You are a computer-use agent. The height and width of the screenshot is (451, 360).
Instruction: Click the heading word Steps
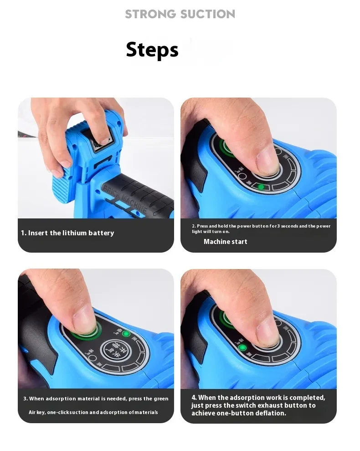coord(152,50)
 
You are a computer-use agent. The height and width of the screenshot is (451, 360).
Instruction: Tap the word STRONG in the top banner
coord(150,14)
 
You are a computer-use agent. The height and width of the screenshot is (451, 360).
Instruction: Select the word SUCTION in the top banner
coord(207,14)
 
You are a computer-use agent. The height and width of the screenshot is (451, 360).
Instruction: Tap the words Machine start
coord(225,242)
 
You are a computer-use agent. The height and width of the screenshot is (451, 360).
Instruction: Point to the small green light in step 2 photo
coord(261,187)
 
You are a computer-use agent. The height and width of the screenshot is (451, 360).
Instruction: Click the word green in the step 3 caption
coord(160,399)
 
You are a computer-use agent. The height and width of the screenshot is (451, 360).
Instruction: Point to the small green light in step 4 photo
coord(242,347)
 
